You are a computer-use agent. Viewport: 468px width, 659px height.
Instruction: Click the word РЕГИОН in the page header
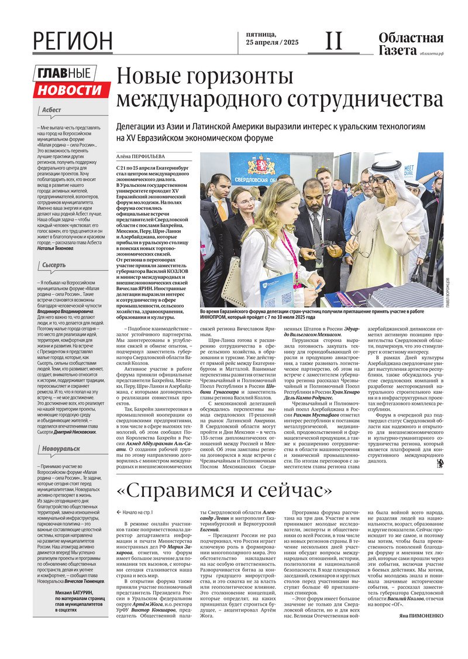click(73, 41)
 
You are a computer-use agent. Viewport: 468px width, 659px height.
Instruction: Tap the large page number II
click(333, 40)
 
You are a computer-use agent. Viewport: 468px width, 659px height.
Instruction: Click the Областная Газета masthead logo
click(410, 44)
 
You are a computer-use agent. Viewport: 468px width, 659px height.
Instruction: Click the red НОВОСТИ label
click(71, 90)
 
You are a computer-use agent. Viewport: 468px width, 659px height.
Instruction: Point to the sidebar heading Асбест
click(51, 110)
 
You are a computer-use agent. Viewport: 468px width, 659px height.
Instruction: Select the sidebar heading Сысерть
click(54, 265)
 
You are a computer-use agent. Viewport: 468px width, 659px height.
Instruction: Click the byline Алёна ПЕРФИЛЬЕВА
click(139, 157)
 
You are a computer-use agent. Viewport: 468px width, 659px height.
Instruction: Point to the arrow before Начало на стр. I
click(119, 512)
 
